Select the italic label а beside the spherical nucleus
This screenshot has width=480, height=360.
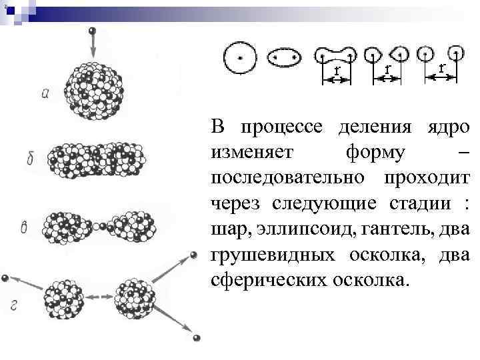coord(45,94)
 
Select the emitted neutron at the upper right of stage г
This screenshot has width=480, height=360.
coord(194,255)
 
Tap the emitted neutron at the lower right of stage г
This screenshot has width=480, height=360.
coord(196,339)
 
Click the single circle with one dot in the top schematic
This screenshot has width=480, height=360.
coord(237,57)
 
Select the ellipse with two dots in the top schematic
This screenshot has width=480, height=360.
coord(285,58)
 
